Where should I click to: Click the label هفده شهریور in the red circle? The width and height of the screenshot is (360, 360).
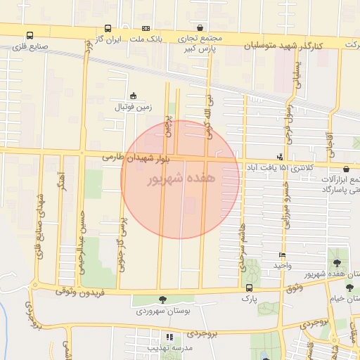[179, 179]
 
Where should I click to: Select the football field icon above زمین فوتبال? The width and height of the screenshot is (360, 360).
[133, 96]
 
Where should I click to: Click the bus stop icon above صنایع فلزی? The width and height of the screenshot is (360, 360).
[30, 35]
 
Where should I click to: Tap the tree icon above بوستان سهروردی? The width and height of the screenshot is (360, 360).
[163, 300]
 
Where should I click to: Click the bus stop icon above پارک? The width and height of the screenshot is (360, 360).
[249, 288]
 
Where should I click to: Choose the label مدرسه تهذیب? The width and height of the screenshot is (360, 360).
[169, 348]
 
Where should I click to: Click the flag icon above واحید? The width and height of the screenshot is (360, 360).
[282, 255]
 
